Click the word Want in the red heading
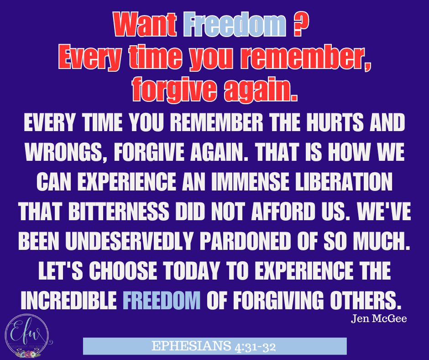click(145, 24)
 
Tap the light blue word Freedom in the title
click(235, 24)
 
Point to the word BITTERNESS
click(119, 211)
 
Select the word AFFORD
click(283, 211)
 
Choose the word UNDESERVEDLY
click(129, 241)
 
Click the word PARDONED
click(245, 241)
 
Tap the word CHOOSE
click(123, 270)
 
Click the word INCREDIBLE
click(68, 300)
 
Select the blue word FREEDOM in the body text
click(162, 300)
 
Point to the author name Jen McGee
click(379, 318)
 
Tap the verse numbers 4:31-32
click(255, 347)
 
